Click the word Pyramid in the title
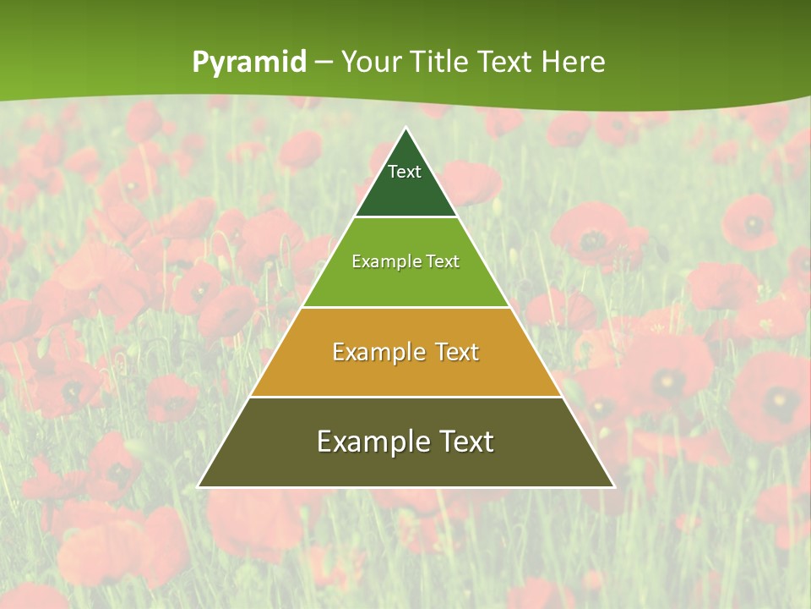click(x=249, y=63)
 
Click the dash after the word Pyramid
click(x=324, y=63)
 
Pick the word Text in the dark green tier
click(x=405, y=172)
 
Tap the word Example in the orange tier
click(x=372, y=352)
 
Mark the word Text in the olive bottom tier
click(x=465, y=442)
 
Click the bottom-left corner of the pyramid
click(x=199, y=486)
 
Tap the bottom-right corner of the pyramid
click(x=613, y=486)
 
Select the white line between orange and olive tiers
click(x=406, y=397)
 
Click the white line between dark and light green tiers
click(x=406, y=217)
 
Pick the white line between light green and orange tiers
click(x=406, y=307)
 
